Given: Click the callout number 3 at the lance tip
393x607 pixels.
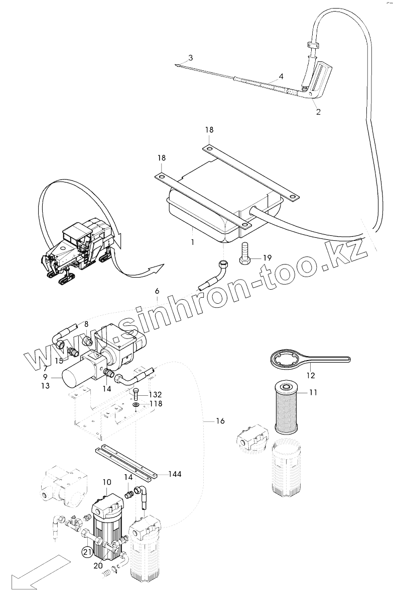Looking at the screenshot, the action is (190, 56).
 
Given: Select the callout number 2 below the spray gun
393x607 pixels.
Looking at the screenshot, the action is (318, 112).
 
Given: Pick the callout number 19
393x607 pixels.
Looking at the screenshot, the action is (267, 257).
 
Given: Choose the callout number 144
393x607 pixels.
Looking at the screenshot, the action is (175, 474).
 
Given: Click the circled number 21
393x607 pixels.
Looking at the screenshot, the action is (87, 553).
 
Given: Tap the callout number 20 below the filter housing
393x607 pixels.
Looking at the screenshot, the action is (98, 565).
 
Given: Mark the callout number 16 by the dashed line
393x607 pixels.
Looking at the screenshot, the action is (220, 420).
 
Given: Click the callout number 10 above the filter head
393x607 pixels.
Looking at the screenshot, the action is (107, 482).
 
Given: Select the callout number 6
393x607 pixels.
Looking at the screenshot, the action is (157, 291).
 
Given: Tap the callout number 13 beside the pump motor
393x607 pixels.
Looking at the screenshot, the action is (46, 385).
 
